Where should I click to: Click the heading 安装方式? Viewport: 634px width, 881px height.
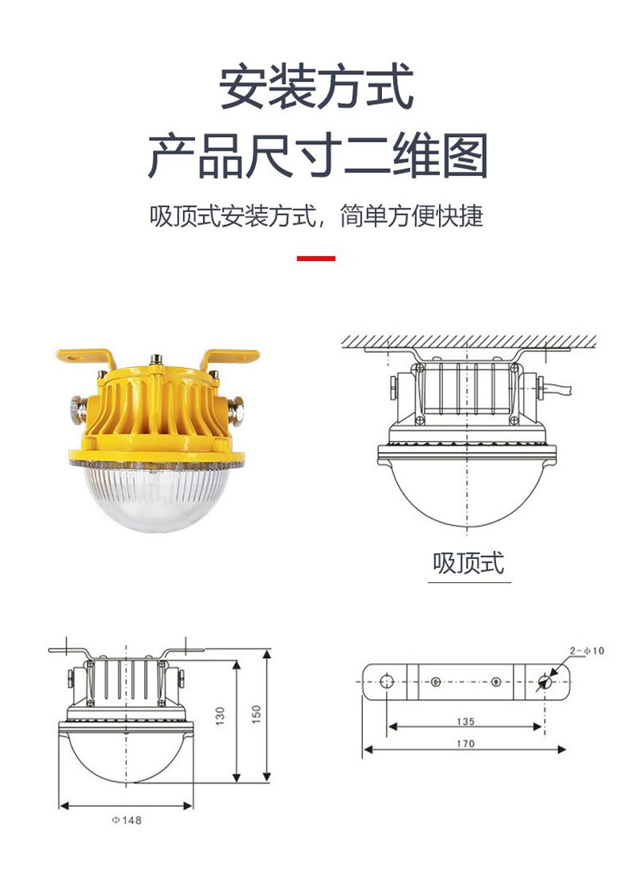click(317, 87)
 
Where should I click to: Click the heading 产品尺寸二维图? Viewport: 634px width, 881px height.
click(317, 155)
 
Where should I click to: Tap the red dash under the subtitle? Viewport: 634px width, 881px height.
click(316, 258)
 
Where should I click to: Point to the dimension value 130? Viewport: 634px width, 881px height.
click(220, 715)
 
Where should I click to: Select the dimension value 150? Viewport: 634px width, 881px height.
click(256, 714)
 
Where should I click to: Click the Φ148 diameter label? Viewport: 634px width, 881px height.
click(126, 820)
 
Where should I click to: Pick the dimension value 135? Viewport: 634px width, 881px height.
click(465, 721)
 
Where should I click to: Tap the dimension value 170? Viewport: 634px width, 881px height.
click(465, 743)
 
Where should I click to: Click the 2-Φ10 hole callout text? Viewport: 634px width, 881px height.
click(586, 650)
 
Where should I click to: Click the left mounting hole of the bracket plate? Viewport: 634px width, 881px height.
click(387, 681)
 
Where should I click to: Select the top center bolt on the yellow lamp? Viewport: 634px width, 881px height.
click(155, 361)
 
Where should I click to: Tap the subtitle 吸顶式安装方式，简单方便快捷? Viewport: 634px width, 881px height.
click(316, 216)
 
